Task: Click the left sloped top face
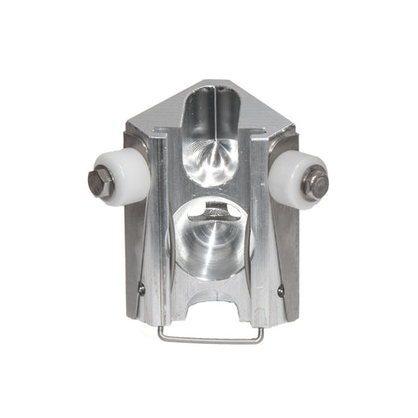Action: tap(161, 109)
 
